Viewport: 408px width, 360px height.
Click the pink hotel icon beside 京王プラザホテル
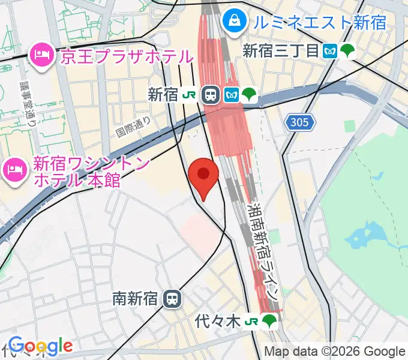(x=41, y=56)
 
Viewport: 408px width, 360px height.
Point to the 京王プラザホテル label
(x=127, y=57)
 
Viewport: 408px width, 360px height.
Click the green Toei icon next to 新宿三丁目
(x=347, y=51)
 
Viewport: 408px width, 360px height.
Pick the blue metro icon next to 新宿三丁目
(x=329, y=51)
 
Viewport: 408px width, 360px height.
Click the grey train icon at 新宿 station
(x=211, y=94)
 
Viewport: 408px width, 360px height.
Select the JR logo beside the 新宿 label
(x=191, y=94)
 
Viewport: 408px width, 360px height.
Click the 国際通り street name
(x=134, y=125)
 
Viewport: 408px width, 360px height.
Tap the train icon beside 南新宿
(x=173, y=298)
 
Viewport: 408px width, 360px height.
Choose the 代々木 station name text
(x=218, y=322)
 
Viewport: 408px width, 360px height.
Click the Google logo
(x=40, y=346)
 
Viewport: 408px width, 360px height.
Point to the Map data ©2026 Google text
(x=335, y=352)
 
